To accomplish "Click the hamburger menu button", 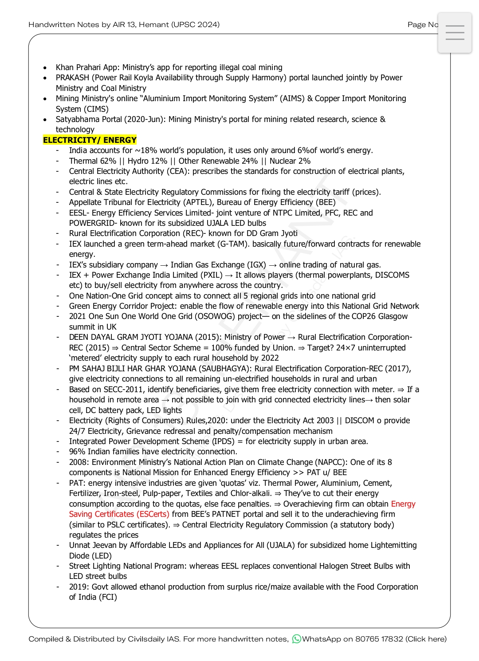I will pyautogui.click(x=455, y=33).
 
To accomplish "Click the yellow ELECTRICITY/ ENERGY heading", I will pyautogui.click(x=90, y=140).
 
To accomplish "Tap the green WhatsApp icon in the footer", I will pyautogui.click(x=296, y=639).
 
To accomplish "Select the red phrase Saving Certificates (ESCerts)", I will pyautogui.click(x=119, y=514).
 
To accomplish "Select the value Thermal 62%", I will pyautogui.click(x=92, y=161).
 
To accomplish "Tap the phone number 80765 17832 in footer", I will pyautogui.click(x=379, y=639).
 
